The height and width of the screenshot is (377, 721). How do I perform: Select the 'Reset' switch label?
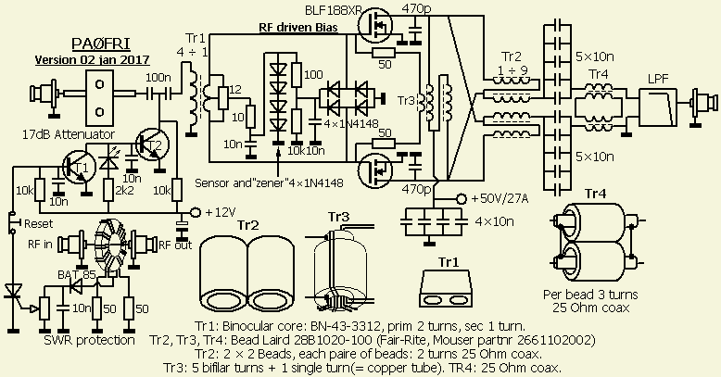point(36,223)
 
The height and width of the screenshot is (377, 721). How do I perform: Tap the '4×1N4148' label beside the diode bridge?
point(351,123)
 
